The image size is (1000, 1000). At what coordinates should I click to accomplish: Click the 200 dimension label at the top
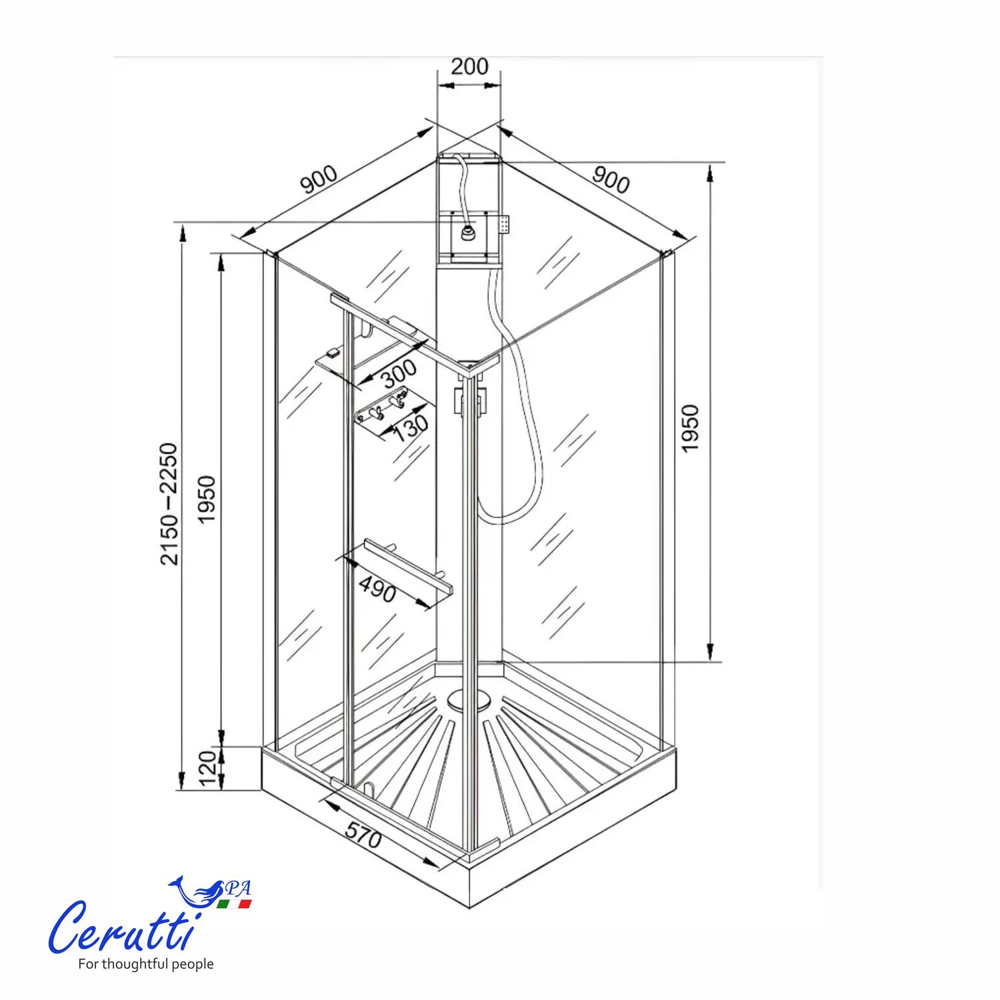469,67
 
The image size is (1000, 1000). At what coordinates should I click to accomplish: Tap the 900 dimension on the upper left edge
319,179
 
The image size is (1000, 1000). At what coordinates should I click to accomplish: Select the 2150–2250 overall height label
169,504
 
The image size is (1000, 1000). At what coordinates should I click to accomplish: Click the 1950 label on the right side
690,429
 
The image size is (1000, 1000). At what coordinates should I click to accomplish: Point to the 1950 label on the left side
207,499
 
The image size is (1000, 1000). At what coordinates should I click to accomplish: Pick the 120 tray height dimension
208,768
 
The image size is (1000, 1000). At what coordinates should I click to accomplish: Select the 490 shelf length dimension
377,589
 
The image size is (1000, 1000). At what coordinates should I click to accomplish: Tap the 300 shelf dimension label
399,374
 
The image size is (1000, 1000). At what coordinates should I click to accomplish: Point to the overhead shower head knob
469,233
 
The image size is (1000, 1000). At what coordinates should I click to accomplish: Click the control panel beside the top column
505,224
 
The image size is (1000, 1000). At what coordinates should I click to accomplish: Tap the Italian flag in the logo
234,905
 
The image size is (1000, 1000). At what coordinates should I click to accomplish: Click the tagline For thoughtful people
145,964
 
